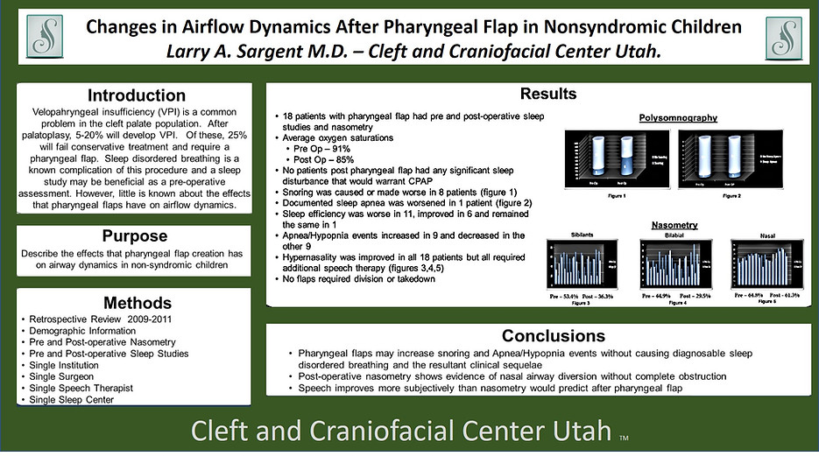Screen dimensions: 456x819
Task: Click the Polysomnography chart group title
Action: pyautogui.click(x=678, y=117)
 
